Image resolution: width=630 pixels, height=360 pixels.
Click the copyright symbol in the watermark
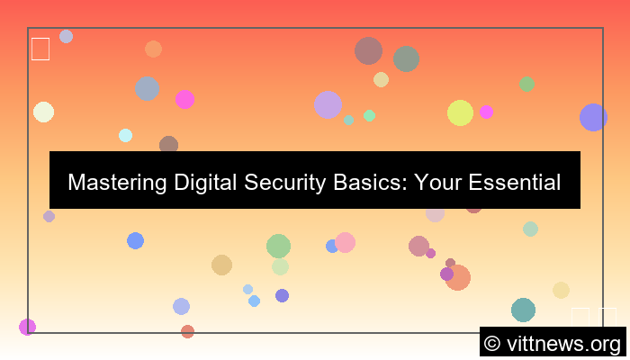click(x=492, y=344)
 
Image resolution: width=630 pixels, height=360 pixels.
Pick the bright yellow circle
click(x=460, y=112)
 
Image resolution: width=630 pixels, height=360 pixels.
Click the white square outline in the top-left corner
click(x=40, y=49)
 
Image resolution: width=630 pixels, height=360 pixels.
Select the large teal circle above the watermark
click(x=523, y=310)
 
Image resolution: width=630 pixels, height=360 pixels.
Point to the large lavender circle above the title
click(x=328, y=104)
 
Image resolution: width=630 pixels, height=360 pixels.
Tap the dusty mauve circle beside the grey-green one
click(x=368, y=50)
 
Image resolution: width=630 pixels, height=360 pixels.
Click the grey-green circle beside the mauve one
click(x=406, y=58)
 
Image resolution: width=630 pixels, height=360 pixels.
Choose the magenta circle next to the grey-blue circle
click(x=184, y=99)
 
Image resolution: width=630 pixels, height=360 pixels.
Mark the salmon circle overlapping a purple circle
click(x=458, y=277)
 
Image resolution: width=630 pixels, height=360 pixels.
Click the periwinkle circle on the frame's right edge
click(x=593, y=117)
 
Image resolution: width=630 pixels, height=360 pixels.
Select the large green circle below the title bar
click(x=278, y=246)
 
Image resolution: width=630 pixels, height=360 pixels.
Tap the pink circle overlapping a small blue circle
click(x=346, y=242)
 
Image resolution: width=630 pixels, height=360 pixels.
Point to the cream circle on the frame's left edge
click(x=43, y=112)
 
